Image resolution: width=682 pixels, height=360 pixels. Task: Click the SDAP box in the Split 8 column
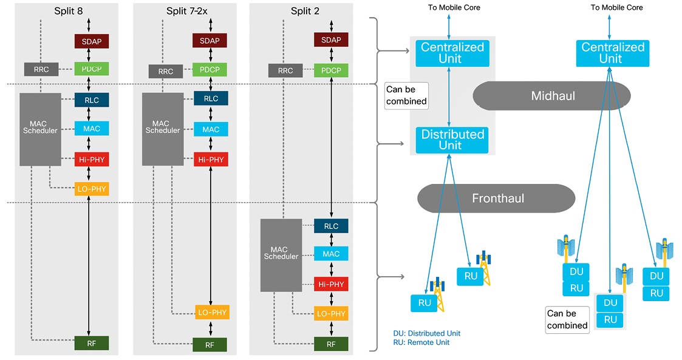pyautogui.click(x=92, y=41)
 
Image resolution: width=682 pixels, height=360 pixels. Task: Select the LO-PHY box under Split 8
pyautogui.click(x=92, y=189)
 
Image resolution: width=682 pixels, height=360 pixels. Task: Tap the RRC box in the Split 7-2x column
pyautogui.click(x=166, y=71)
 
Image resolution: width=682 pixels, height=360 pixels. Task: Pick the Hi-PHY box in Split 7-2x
pyautogui.click(x=211, y=160)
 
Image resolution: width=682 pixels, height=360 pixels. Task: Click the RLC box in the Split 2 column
pyautogui.click(x=331, y=226)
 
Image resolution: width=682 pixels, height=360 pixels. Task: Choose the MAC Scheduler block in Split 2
pyautogui.click(x=281, y=254)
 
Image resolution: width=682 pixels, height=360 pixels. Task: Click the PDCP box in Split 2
pyautogui.click(x=331, y=70)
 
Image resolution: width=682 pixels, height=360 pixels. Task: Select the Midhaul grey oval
pyautogui.click(x=553, y=96)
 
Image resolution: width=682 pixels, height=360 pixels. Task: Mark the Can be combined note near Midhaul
pyautogui.click(x=406, y=96)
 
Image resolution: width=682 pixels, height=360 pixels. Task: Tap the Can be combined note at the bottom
pyautogui.click(x=567, y=319)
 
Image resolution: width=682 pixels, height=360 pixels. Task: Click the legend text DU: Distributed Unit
pyautogui.click(x=427, y=333)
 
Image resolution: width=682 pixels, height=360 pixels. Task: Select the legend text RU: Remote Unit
pyautogui.click(x=421, y=342)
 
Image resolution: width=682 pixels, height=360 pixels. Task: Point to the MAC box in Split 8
pyautogui.click(x=92, y=128)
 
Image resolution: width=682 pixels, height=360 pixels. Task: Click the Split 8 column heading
pyautogui.click(x=68, y=12)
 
